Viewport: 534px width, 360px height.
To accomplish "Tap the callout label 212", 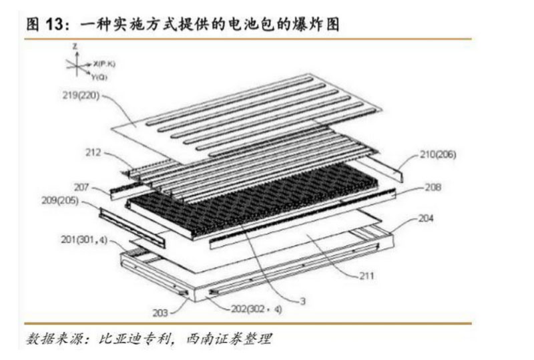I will pos(94,153).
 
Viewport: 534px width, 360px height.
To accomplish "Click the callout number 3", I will pos(302,302).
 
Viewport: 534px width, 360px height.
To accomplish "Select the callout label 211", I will pos(367,275).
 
